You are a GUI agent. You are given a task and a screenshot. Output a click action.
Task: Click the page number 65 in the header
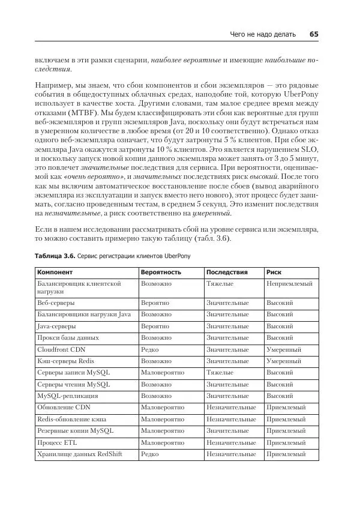pos(314,34)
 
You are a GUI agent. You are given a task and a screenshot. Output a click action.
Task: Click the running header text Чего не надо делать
pos(263,34)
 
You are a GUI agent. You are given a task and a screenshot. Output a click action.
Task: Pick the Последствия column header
pos(226,272)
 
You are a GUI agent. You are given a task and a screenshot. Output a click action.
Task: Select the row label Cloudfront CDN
pos(62,349)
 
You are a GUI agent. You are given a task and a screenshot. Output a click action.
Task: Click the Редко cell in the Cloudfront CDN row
pos(149,349)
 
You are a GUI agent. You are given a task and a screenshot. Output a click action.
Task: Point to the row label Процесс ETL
pos(57,442)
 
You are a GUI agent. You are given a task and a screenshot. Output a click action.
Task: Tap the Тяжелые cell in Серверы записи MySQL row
pos(220,372)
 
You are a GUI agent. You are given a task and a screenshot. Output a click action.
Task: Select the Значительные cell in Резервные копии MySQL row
pos(227,431)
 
